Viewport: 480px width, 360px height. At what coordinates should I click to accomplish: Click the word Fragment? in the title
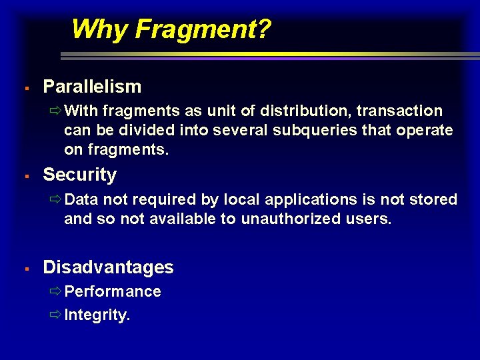click(x=203, y=29)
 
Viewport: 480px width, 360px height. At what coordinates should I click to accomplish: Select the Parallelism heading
click(x=92, y=87)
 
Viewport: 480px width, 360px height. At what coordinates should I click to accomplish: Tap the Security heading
click(x=79, y=175)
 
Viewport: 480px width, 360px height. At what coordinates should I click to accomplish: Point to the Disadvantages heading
click(x=108, y=268)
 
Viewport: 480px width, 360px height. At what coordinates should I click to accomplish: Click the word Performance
click(x=113, y=292)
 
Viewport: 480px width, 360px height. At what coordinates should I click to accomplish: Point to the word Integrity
click(x=97, y=315)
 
